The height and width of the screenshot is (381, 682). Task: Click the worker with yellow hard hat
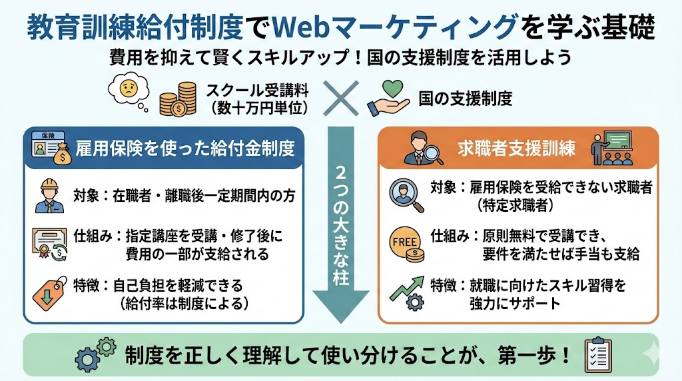click(50, 194)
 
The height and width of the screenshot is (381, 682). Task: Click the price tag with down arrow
click(50, 292)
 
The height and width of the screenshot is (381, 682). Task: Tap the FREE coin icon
click(406, 242)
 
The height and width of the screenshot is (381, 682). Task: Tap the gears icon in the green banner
click(95, 354)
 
